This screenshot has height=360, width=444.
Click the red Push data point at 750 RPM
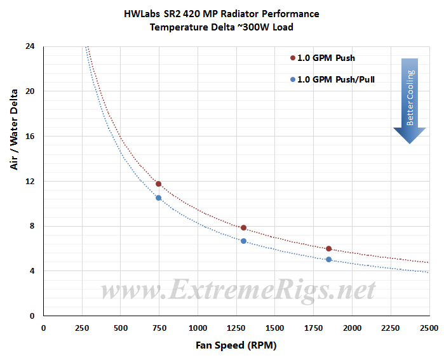coord(158,184)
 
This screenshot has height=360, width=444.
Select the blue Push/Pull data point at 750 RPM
coord(158,198)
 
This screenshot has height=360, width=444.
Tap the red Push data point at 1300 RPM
coord(243,227)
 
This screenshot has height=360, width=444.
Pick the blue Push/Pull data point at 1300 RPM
coord(243,241)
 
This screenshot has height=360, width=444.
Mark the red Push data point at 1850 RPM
coord(328,249)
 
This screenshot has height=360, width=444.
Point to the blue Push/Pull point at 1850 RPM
coord(328,259)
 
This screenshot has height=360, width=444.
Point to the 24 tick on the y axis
coord(30,46)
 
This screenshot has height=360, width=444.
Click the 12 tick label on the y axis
coord(30,181)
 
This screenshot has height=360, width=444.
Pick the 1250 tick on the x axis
coord(236,328)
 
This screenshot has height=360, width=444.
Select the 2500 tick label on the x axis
coord(429,328)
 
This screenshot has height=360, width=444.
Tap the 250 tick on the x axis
coord(81,328)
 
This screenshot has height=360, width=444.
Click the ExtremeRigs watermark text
coord(238,291)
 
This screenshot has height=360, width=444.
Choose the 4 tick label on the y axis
coord(32,271)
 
